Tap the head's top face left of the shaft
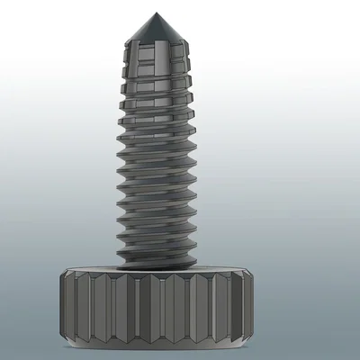pos(90,272)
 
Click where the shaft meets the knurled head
pos(159,267)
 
